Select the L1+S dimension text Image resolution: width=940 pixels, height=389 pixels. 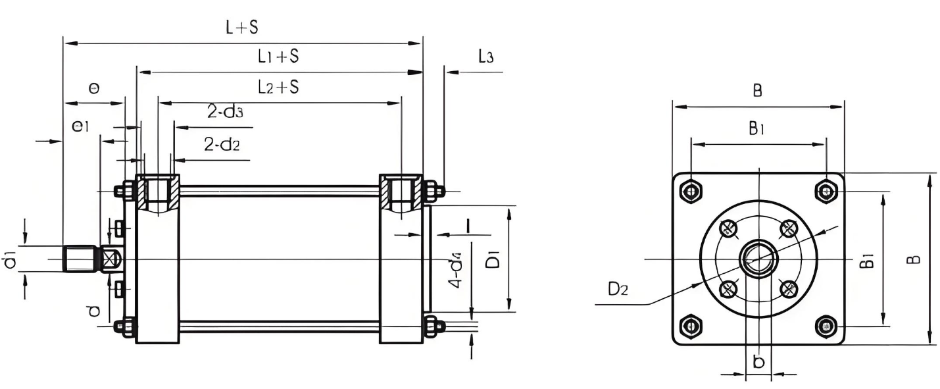(x=278, y=57)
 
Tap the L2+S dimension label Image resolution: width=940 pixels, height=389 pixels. (x=278, y=87)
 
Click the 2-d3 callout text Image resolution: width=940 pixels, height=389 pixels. (x=225, y=112)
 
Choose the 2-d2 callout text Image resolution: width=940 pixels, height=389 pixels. (x=222, y=145)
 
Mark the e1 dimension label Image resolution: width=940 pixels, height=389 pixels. (x=80, y=126)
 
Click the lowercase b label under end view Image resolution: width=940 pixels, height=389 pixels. (x=758, y=361)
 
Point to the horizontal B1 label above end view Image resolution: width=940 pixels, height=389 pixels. (x=756, y=129)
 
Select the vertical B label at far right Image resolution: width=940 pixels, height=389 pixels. (x=913, y=259)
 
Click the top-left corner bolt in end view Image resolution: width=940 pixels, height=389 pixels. (x=690, y=192)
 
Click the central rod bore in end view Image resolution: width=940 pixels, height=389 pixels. (x=758, y=259)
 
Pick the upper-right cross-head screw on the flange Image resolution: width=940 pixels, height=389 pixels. (x=788, y=228)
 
